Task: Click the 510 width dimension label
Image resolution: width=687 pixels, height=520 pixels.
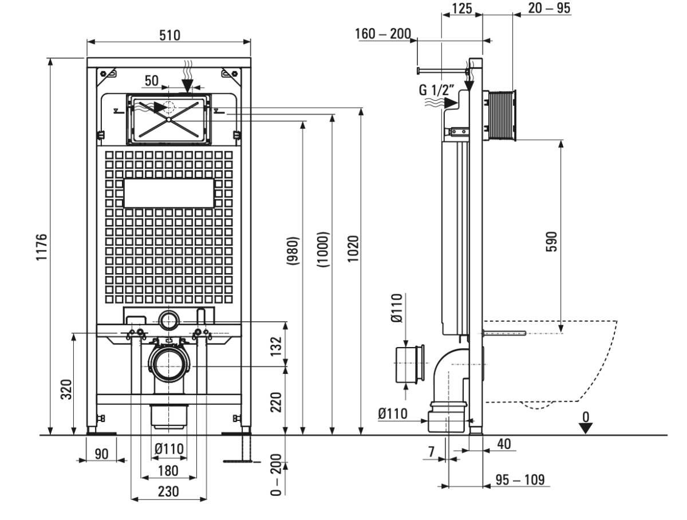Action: tap(169, 35)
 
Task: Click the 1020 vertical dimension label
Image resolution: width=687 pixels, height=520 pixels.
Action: tap(353, 247)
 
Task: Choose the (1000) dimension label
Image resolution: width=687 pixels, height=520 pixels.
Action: tap(325, 247)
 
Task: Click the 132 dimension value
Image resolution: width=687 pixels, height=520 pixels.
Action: tap(277, 346)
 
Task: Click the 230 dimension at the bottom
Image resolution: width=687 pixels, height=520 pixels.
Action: tap(169, 491)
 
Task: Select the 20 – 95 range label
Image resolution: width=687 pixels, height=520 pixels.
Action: tap(545, 8)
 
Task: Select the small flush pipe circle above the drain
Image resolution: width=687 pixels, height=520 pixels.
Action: tap(168, 321)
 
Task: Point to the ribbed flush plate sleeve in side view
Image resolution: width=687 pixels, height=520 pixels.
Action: tap(501, 115)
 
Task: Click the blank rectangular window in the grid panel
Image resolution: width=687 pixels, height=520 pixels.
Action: tap(169, 194)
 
